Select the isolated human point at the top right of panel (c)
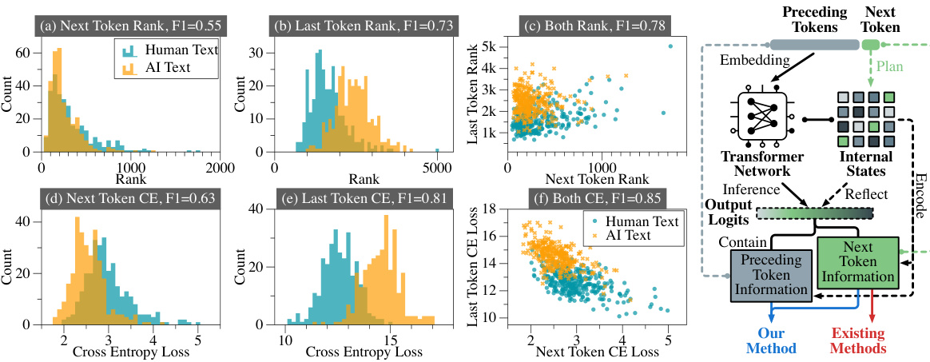click(670, 46)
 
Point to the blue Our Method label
click(771, 341)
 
